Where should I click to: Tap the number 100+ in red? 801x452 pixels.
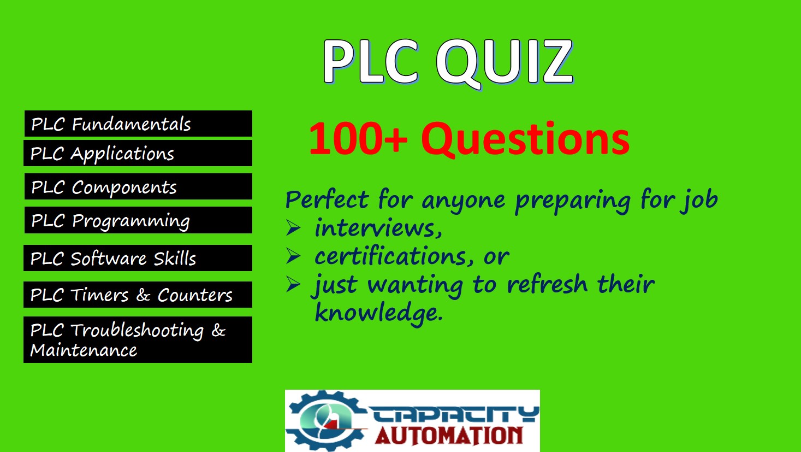tap(358, 138)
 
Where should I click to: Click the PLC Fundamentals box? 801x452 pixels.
tap(138, 124)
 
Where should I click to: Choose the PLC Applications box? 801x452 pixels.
tap(138, 153)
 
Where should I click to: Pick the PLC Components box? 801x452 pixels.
tap(138, 186)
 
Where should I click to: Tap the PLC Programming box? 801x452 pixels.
tap(138, 220)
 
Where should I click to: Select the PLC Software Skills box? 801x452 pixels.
tap(138, 258)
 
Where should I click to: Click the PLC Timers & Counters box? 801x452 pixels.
tap(138, 295)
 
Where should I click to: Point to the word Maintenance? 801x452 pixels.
tap(84, 350)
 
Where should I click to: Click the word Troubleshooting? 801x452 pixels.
tap(137, 331)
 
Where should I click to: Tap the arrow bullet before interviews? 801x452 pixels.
tap(293, 228)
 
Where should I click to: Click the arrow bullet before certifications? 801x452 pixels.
tap(293, 256)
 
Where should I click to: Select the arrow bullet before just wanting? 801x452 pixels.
tap(293, 285)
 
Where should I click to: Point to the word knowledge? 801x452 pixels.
tap(379, 313)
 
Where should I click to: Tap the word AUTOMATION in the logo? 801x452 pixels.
tap(449, 436)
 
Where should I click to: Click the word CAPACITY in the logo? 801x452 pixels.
tap(454, 414)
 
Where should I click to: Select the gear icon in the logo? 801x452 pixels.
tap(325, 421)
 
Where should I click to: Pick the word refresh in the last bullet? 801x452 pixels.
tap(547, 285)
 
